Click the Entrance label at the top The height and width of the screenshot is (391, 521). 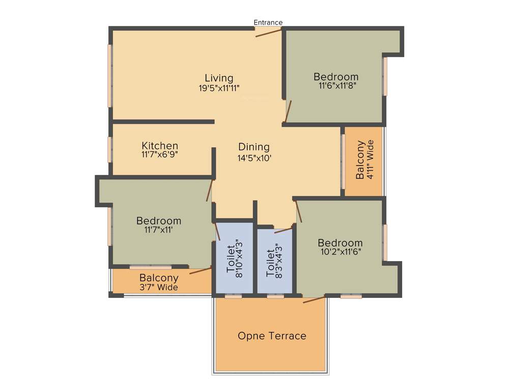click(268, 22)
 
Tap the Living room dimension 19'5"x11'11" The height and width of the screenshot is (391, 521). click(219, 88)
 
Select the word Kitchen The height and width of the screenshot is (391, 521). click(160, 146)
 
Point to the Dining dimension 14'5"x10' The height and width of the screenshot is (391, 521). click(254, 158)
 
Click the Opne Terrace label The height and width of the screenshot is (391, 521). click(272, 336)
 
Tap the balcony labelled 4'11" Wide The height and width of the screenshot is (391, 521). click(364, 160)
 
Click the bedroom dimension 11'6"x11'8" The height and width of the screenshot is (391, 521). click(336, 86)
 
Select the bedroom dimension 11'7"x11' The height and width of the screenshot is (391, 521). click(159, 230)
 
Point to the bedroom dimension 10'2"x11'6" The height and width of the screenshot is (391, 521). click(340, 252)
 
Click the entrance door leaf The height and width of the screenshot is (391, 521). click(268, 33)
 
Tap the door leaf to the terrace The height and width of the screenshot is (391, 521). click(314, 299)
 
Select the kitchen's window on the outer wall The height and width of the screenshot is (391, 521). click(109, 149)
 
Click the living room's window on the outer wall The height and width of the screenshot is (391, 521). click(109, 76)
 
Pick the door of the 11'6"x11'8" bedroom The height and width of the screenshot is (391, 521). click(288, 111)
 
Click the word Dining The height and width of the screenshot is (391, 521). click(254, 147)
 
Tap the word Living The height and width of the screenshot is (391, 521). click(219, 78)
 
